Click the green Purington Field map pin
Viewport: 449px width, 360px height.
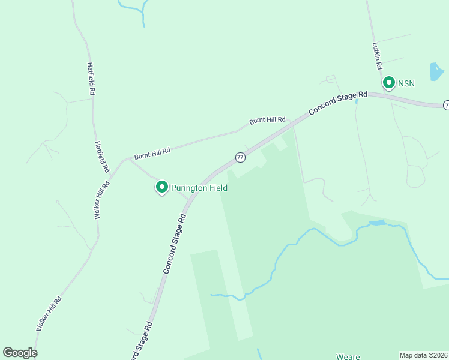tap(161, 188)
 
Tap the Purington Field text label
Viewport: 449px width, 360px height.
tap(199, 188)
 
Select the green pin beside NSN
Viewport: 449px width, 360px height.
tap(388, 82)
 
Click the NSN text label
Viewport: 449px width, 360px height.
tap(406, 83)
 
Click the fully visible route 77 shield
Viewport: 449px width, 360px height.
tap(240, 157)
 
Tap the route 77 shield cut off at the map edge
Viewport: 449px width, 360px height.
tap(446, 105)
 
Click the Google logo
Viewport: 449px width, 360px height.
tap(20, 353)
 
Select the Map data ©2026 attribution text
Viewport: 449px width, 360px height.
tap(424, 355)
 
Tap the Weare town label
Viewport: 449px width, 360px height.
tap(348, 356)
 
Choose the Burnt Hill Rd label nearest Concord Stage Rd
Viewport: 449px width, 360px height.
tap(267, 121)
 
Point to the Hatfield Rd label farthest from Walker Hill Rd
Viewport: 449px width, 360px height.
tap(91, 79)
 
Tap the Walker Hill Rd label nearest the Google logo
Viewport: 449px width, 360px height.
tap(49, 313)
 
